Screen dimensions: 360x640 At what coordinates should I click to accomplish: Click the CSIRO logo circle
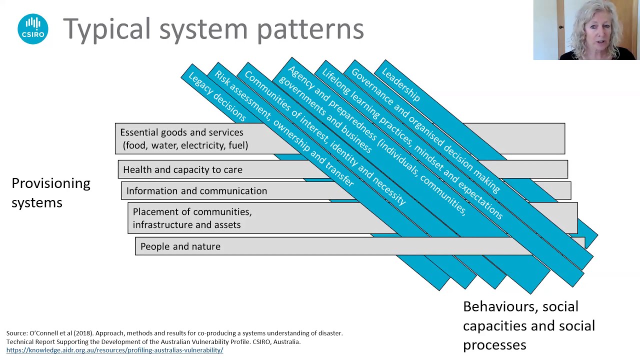[33, 29]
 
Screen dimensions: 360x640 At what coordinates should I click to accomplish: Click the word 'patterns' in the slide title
[310, 29]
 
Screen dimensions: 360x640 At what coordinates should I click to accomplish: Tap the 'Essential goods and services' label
[181, 132]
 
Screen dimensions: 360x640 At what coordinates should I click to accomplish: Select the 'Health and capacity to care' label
[182, 170]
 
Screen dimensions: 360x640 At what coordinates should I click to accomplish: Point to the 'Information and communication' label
[196, 191]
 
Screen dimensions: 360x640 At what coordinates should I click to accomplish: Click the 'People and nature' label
[180, 246]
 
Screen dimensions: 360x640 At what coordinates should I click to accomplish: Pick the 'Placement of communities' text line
[192, 212]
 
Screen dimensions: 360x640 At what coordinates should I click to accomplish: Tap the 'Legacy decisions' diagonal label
[217, 97]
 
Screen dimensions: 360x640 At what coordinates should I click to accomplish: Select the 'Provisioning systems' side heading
[50, 192]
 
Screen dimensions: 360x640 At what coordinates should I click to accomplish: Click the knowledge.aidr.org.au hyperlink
[114, 350]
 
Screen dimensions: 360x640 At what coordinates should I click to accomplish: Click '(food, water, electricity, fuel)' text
[185, 145]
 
